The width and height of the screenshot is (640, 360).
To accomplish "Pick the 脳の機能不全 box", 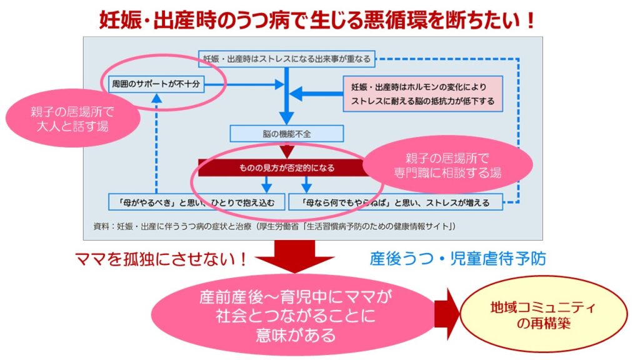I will tap(286, 133).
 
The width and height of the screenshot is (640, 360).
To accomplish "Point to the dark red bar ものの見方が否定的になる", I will tap(284, 167).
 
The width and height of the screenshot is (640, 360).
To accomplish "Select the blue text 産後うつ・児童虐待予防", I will tap(457, 258).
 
